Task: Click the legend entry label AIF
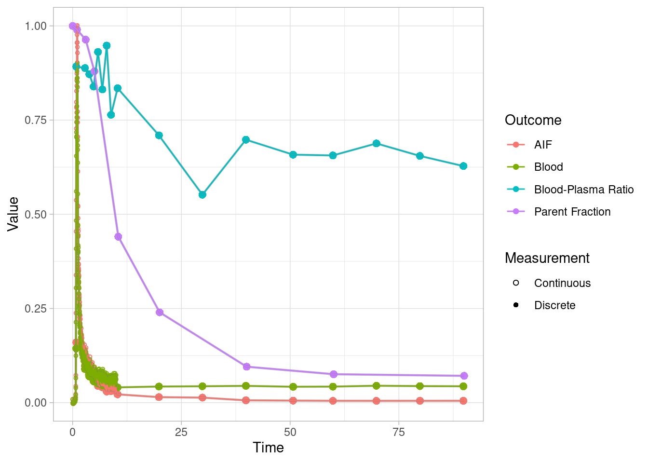(x=543, y=145)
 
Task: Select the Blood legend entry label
(x=548, y=167)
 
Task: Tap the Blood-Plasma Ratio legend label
(x=583, y=190)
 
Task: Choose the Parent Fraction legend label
(x=572, y=212)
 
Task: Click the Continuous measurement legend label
(x=562, y=283)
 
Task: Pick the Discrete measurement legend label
(x=554, y=305)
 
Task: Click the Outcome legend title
(x=533, y=120)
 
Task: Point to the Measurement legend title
(x=547, y=258)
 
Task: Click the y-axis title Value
(x=13, y=214)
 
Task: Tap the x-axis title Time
(x=268, y=448)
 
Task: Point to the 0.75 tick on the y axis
(x=36, y=120)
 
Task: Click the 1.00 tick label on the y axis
(x=36, y=26)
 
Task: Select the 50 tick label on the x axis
(x=290, y=432)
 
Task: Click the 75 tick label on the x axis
(x=399, y=432)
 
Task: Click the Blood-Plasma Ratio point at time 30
(x=202, y=195)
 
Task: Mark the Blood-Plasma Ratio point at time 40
(x=246, y=140)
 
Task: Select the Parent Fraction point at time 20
(x=160, y=313)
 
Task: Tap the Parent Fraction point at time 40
(x=246, y=367)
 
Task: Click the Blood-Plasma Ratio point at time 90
(x=463, y=166)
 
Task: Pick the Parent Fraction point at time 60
(x=333, y=374)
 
